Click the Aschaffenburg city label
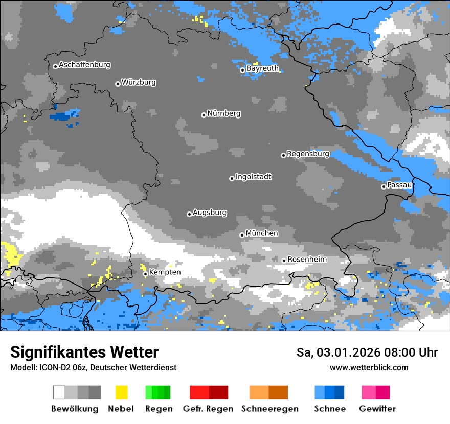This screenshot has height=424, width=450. coord(84,65)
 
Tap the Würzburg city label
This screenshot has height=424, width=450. coord(139,83)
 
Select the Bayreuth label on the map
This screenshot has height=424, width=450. coord(262,68)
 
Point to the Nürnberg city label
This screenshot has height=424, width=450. coord(223,114)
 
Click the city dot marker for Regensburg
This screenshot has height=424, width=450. coord(283,155)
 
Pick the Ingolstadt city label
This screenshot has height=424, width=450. coord(253,177)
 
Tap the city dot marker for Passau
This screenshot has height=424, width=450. coord(384,186)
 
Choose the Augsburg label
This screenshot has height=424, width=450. coord(210,213)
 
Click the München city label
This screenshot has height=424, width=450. coord(262,233)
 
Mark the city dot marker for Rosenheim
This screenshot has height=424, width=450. coord(284,261)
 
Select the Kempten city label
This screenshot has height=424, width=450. coord(165,272)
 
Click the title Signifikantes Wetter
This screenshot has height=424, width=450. coord(84,352)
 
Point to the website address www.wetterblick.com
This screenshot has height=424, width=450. coord(369,367)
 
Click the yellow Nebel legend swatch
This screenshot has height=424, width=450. coord(121,392)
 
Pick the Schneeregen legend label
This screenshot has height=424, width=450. coord(270,409)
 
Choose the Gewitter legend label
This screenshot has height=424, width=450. coord(377,409)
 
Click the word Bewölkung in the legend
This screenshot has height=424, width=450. coord(75,409)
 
